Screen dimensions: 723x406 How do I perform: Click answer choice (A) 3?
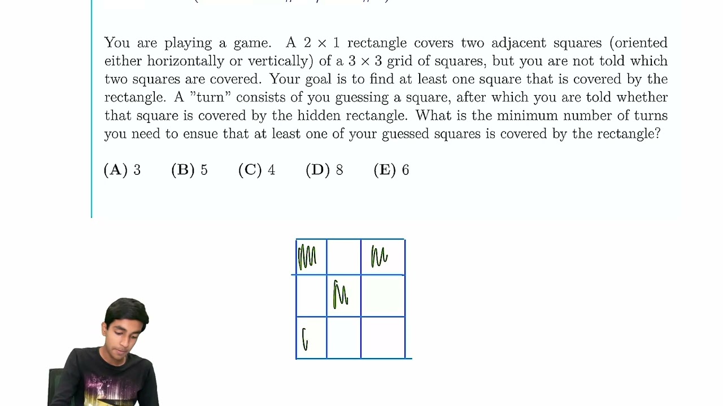(x=122, y=170)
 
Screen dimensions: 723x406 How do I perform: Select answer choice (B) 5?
(x=189, y=170)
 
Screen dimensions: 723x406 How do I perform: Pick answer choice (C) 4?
(x=256, y=170)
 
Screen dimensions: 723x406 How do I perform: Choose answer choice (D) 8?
(x=324, y=170)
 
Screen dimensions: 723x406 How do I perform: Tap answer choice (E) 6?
(x=391, y=170)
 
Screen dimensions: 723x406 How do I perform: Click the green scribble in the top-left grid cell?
(x=307, y=257)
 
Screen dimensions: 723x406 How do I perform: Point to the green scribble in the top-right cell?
(x=379, y=257)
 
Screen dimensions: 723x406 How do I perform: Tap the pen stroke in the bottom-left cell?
(x=305, y=339)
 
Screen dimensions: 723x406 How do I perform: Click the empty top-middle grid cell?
(x=343, y=257)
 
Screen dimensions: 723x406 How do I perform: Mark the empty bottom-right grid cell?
(x=382, y=337)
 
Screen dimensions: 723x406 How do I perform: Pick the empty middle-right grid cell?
(x=382, y=295)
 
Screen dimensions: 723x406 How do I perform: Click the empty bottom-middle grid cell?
(x=343, y=337)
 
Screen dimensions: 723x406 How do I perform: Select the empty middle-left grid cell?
(x=311, y=295)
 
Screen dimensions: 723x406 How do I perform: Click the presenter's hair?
(x=127, y=310)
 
